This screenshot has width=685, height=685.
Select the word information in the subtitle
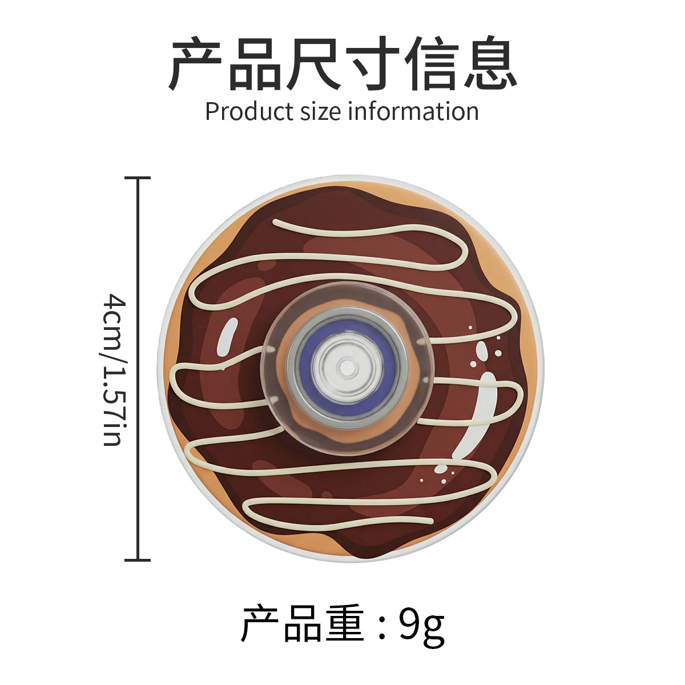[413, 112]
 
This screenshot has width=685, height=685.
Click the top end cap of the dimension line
[138, 178]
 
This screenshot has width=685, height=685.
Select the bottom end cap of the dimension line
[138, 560]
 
